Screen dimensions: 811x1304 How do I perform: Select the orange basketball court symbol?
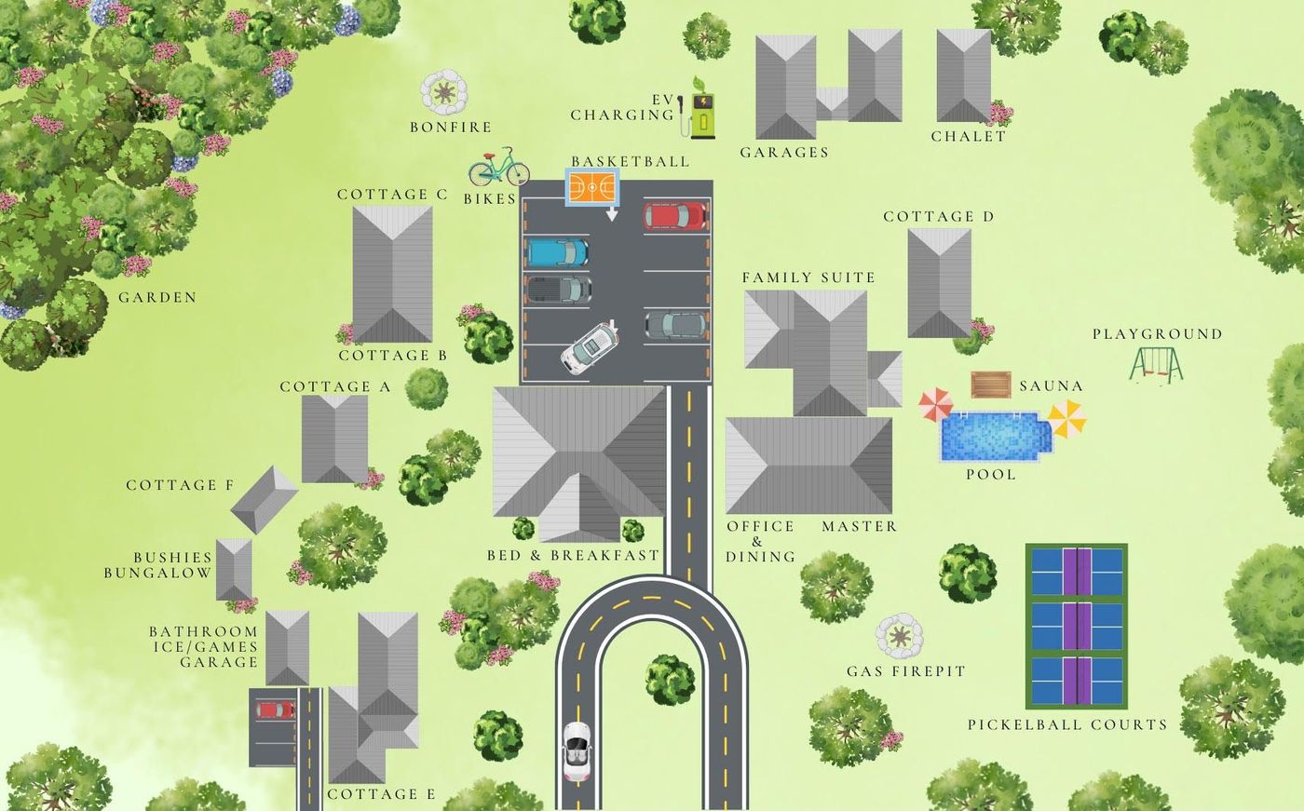(x=592, y=187)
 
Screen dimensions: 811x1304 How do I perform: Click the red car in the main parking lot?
(x=675, y=216)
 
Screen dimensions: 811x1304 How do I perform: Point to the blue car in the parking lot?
(x=558, y=252)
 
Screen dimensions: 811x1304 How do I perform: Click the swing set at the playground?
(x=1156, y=364)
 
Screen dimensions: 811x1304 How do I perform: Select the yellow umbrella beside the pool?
(x=1066, y=418)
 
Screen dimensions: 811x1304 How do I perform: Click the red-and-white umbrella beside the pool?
(x=936, y=405)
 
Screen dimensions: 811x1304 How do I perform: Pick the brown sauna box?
(x=991, y=385)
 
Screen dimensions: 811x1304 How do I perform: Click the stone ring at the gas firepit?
(x=900, y=636)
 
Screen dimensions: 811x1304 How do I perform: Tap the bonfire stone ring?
(x=444, y=92)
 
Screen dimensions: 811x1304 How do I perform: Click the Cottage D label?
(x=938, y=217)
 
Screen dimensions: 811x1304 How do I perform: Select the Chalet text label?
(x=969, y=136)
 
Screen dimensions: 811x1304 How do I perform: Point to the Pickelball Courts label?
(x=1066, y=724)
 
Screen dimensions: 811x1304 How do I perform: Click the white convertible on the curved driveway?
(x=577, y=750)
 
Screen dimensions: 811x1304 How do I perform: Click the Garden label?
(x=157, y=298)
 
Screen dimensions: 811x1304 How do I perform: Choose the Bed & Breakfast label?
(x=573, y=556)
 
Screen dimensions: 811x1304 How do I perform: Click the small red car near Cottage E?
(x=275, y=710)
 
